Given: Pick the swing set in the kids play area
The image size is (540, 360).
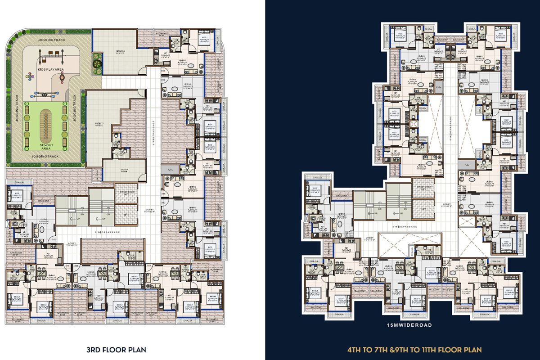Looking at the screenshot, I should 50,57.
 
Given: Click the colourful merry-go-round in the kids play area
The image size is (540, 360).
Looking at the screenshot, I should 30,76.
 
